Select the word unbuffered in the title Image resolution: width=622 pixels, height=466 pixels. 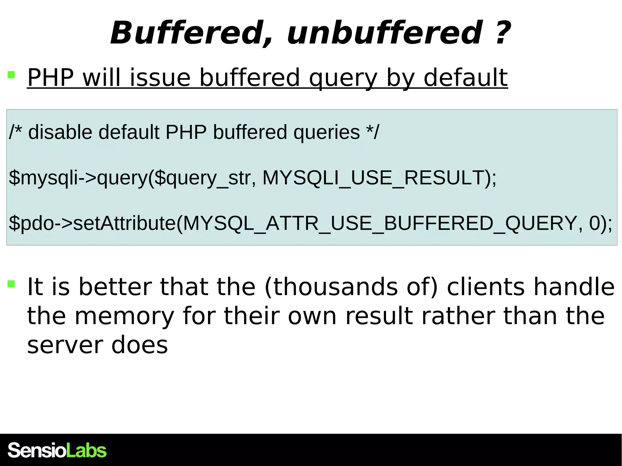(384, 33)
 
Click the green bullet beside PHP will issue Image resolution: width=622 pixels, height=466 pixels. (11, 75)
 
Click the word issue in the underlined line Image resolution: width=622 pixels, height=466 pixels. (160, 78)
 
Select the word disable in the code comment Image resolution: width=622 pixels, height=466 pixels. (60, 132)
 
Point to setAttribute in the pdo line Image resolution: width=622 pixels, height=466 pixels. (125, 223)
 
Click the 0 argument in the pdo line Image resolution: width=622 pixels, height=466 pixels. (594, 223)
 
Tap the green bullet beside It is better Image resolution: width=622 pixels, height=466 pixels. (11, 284)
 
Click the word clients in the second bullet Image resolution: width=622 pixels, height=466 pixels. (485, 287)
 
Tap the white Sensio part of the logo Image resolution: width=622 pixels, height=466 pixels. (36, 451)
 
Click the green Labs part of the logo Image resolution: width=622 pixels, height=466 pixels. (86, 451)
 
